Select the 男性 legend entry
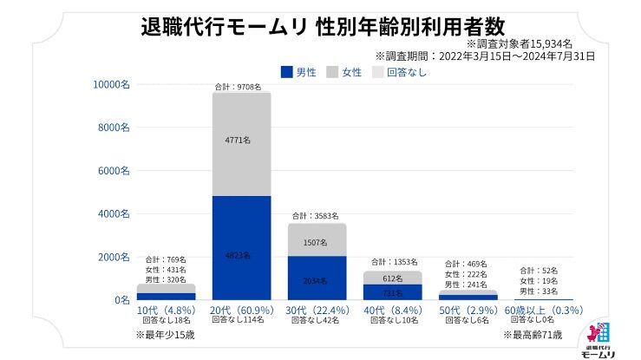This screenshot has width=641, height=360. (298, 72)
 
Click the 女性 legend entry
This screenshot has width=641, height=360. (344, 72)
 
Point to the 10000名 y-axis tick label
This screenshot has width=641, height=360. (112, 84)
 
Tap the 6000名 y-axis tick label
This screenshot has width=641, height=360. (114, 171)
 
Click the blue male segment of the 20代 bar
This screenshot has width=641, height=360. (241, 247)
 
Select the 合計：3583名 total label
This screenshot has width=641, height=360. (315, 215)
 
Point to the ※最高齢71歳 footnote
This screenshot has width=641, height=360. (533, 333)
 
